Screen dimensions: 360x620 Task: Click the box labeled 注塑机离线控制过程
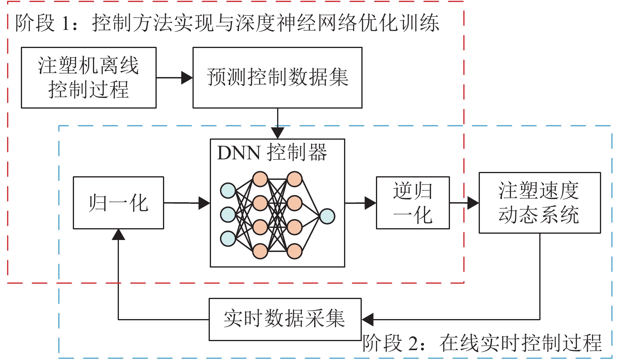(x=89, y=78)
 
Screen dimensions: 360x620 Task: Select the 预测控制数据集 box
(x=277, y=78)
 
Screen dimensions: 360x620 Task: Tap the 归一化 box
(x=118, y=203)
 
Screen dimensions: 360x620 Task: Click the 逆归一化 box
(x=413, y=203)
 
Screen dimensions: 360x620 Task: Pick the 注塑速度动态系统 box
(x=539, y=203)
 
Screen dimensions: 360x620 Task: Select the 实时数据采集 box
(x=285, y=319)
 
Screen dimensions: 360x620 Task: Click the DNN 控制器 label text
(x=272, y=153)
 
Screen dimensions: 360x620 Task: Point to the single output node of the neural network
(x=327, y=216)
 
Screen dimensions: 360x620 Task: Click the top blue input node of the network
(x=228, y=190)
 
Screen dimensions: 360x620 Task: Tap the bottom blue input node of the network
(x=228, y=238)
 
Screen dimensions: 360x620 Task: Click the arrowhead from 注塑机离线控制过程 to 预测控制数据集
(x=187, y=78)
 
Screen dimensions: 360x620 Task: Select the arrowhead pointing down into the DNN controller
(x=278, y=133)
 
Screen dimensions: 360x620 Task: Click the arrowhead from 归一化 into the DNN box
(x=204, y=203)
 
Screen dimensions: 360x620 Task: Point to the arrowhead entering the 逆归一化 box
(x=370, y=203)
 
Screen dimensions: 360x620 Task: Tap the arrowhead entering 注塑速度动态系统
(x=473, y=203)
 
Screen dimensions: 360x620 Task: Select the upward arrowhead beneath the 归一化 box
(x=118, y=235)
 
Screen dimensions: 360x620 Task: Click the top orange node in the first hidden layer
(x=260, y=179)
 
